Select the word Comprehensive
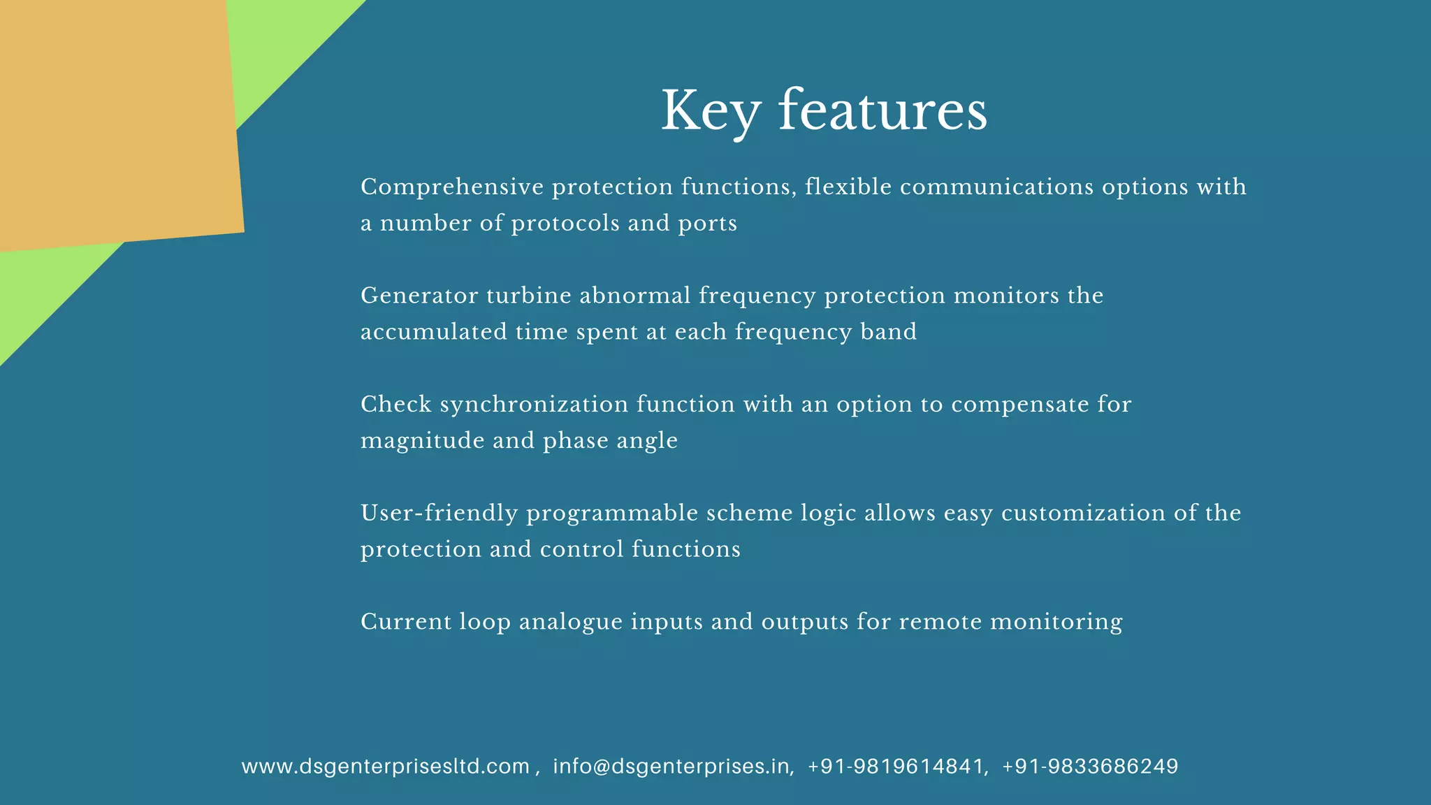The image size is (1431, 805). pyautogui.click(x=452, y=187)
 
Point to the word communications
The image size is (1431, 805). pyautogui.click(x=996, y=187)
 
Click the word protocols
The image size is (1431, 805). pyautogui.click(x=565, y=224)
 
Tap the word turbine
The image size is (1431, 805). pyautogui.click(x=529, y=296)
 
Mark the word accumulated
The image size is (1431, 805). pyautogui.click(x=434, y=332)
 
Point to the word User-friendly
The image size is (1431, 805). pyautogui.click(x=439, y=514)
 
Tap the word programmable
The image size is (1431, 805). pyautogui.click(x=612, y=514)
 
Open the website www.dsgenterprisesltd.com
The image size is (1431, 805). pyautogui.click(x=386, y=767)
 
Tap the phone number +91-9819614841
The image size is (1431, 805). pyautogui.click(x=896, y=767)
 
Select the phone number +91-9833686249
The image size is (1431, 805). pyautogui.click(x=1090, y=767)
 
